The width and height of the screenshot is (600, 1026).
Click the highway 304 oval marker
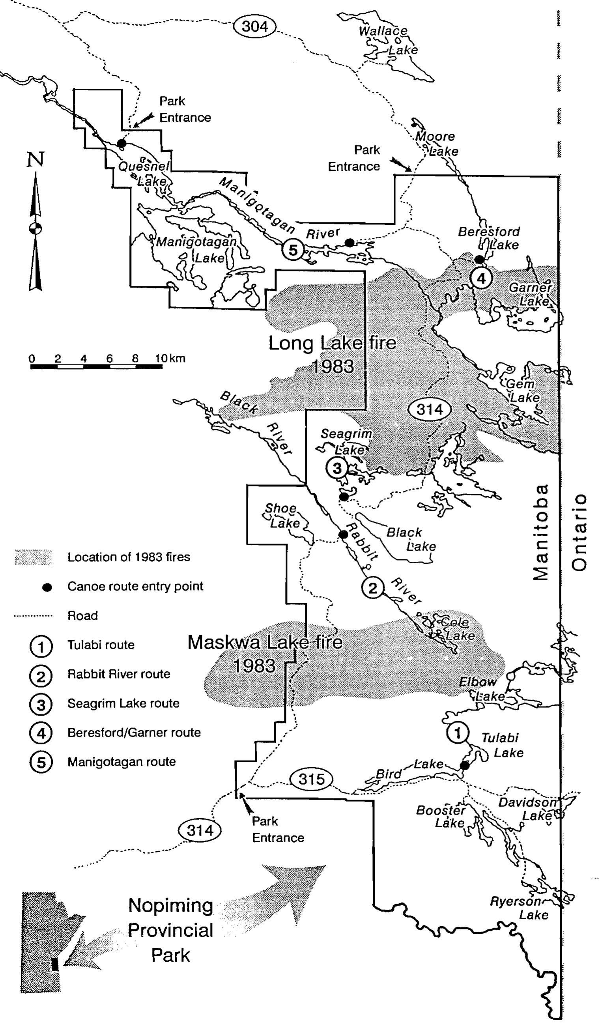pyautogui.click(x=255, y=26)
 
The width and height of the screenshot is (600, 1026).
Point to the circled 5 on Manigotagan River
pyautogui.click(x=293, y=250)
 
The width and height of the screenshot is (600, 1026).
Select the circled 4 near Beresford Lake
pyautogui.click(x=481, y=279)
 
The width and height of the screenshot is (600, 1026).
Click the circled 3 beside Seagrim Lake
pyautogui.click(x=337, y=468)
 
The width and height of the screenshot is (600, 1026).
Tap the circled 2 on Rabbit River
pyautogui.click(x=372, y=588)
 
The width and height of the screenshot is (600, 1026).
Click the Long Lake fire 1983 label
pyautogui.click(x=333, y=354)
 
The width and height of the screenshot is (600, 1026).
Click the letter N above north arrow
pyautogui.click(x=36, y=159)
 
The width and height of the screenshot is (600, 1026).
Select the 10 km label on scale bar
pyautogui.click(x=170, y=358)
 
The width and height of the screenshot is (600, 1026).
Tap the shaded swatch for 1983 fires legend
pyautogui.click(x=34, y=557)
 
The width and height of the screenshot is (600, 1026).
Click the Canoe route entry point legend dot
pyautogui.click(x=47, y=587)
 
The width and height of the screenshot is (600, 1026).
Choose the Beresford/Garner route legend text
pyautogui.click(x=134, y=733)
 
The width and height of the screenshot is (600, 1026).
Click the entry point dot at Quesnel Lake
pyautogui.click(x=121, y=143)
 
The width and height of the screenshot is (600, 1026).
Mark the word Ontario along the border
pyautogui.click(x=579, y=533)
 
